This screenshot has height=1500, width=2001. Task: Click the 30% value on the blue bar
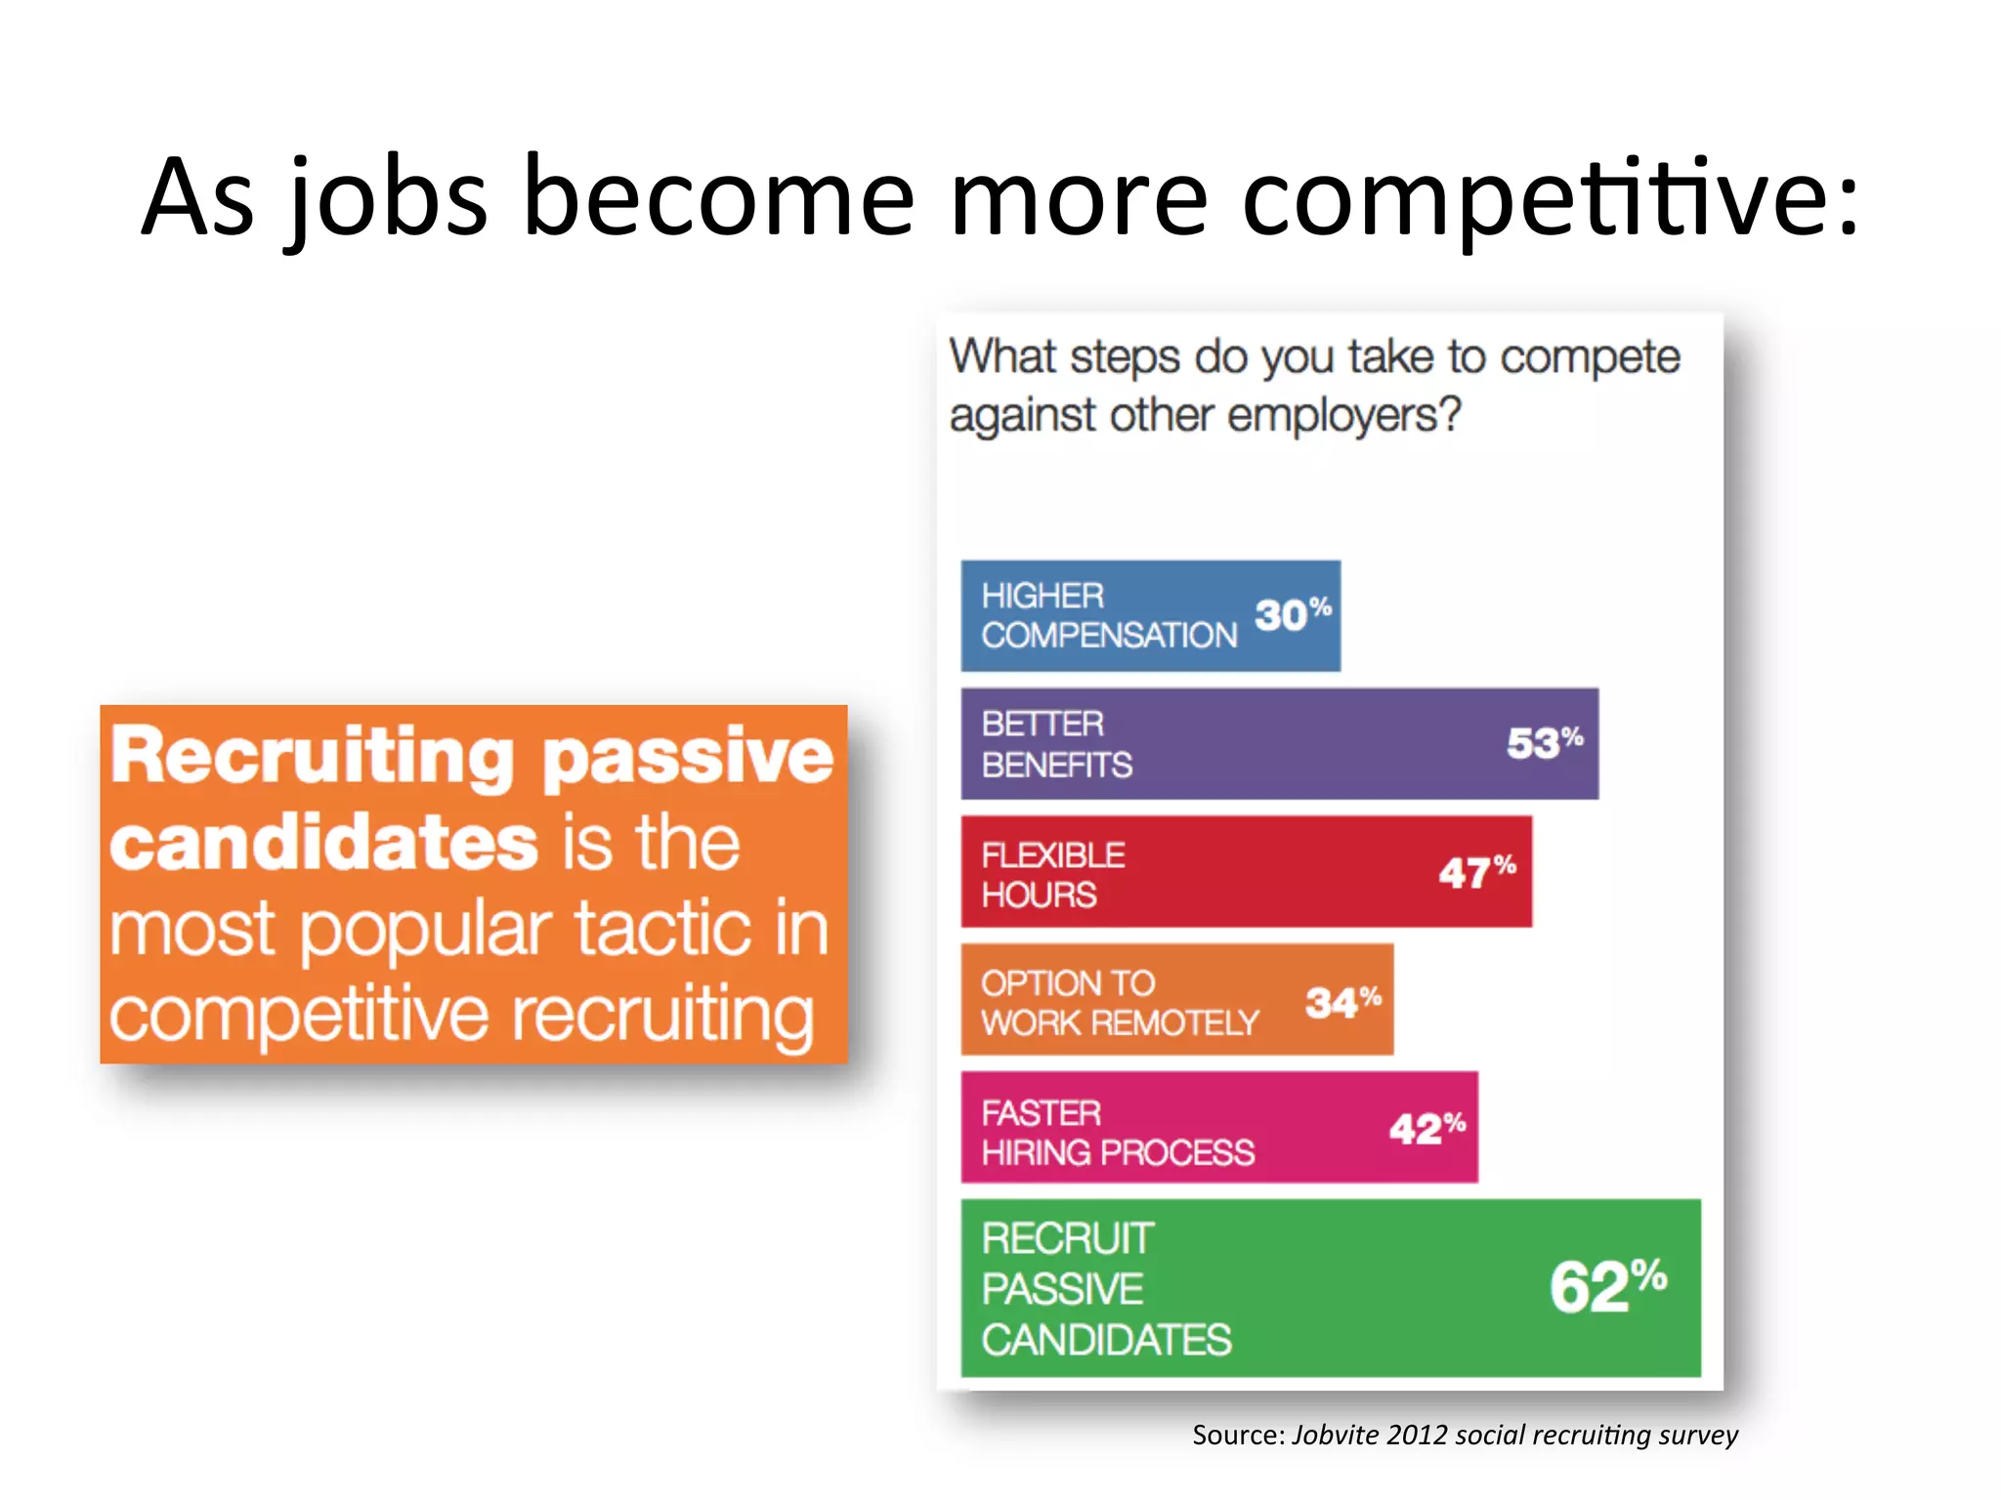click(x=1292, y=614)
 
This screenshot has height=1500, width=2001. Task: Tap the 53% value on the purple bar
click(x=1544, y=743)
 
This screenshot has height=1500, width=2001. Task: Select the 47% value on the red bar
click(x=1476, y=872)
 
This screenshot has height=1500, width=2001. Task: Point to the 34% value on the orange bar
click(x=1342, y=1002)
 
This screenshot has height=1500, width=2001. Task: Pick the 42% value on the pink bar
click(x=1426, y=1129)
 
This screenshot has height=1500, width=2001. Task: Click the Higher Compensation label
click(x=1109, y=615)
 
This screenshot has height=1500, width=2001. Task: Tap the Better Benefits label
click(x=1056, y=744)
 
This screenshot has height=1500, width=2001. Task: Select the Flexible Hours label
click(x=1052, y=874)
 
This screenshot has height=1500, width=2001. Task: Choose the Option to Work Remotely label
click(x=1119, y=1003)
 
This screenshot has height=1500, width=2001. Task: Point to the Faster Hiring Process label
click(x=1117, y=1133)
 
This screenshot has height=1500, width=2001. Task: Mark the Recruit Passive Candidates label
click(x=1105, y=1289)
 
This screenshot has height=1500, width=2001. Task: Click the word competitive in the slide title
click(x=1549, y=198)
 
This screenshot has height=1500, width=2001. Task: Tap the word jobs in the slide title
click(x=387, y=198)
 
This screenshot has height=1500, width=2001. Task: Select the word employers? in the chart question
click(x=1343, y=415)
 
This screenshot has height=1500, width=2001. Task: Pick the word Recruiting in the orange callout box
click(x=311, y=757)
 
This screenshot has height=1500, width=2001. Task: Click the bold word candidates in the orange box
click(x=323, y=843)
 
